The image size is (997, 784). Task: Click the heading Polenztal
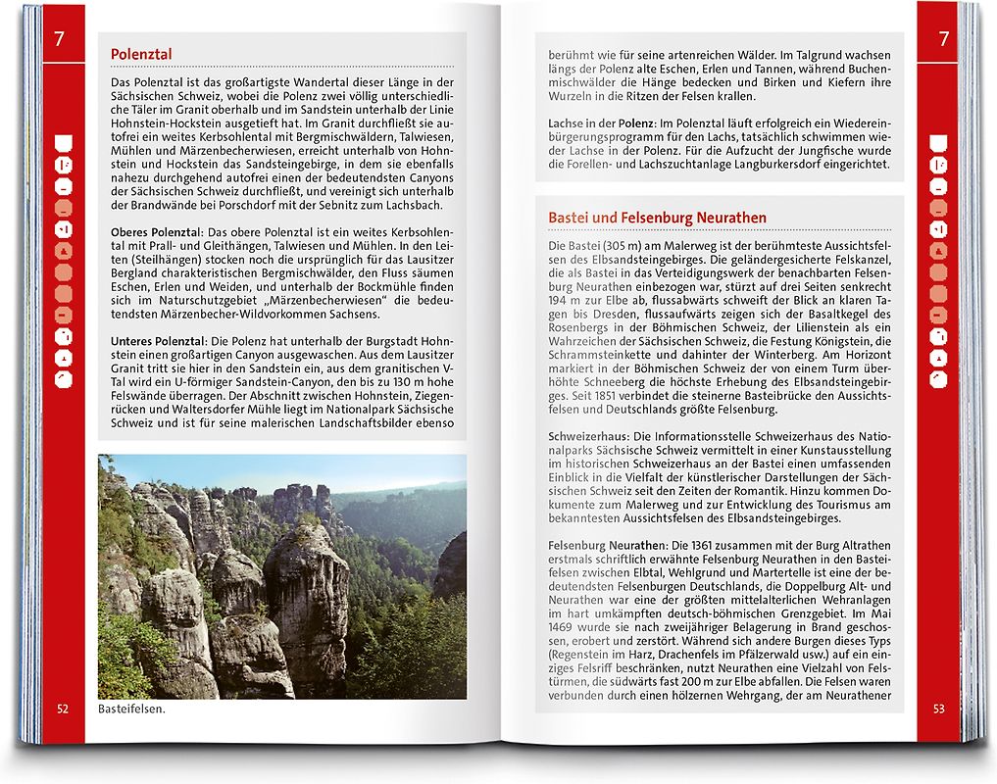[142, 55]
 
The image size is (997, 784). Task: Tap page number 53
[938, 708]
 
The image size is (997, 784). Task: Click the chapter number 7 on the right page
[943, 40]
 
